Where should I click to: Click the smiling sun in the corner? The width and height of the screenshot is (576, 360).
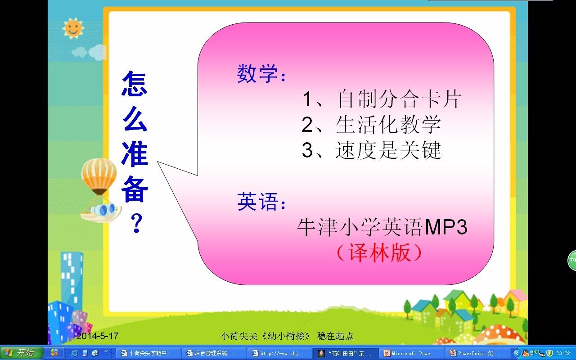click(73, 28)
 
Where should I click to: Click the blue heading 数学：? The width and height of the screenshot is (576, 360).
click(261, 73)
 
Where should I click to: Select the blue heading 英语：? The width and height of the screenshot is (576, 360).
click(261, 202)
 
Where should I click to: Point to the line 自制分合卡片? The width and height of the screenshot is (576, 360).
click(399, 99)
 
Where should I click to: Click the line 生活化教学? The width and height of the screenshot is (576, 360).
click(388, 125)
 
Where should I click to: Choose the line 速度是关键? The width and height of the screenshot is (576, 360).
click(388, 150)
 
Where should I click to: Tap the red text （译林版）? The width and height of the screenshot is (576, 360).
click(379, 252)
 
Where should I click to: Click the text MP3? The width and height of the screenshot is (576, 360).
click(446, 227)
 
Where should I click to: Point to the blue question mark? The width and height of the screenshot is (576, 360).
click(136, 223)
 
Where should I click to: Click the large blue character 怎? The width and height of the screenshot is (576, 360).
click(135, 84)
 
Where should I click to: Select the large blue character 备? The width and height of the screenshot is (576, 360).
click(135, 189)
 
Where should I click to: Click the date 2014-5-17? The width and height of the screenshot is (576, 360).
click(97, 336)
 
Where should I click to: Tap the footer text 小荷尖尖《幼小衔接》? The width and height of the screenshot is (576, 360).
click(265, 336)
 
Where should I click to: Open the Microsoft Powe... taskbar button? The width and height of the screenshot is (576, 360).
click(411, 353)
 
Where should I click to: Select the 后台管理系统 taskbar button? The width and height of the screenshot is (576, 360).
click(214, 353)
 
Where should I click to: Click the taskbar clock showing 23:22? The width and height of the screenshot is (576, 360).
click(563, 353)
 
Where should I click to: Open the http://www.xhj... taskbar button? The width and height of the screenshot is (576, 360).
click(279, 353)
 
